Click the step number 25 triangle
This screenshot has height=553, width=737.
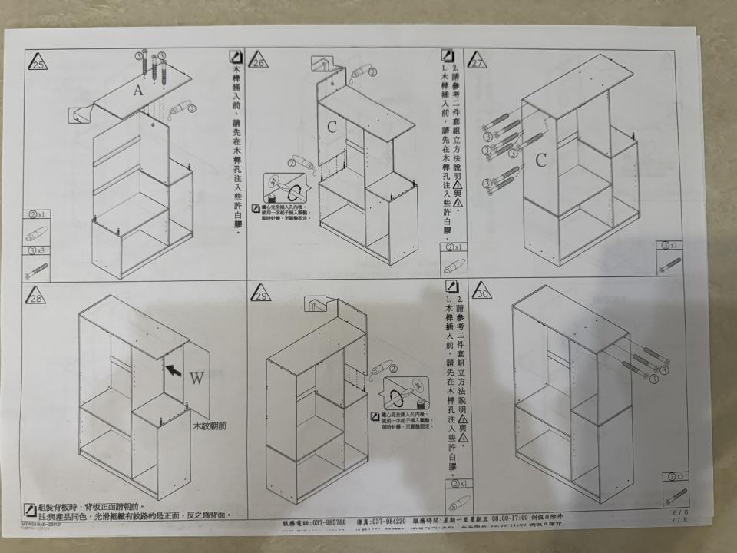pos(37,62)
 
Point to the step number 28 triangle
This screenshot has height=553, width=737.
pos(36,296)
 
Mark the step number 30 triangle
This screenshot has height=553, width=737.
pos(481,293)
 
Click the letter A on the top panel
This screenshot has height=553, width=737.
pos(138,91)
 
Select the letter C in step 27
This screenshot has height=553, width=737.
pos(540,160)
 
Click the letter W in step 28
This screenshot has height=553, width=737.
pos(197,379)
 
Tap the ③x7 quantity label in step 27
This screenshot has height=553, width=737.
pos(669,246)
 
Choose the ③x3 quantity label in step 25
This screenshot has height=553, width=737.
pos(35,250)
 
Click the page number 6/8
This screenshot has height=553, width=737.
pos(679,512)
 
